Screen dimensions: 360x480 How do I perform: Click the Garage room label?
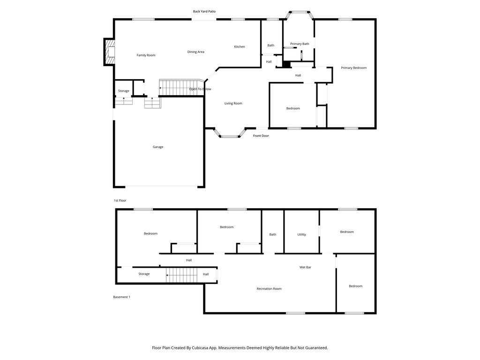(x=158, y=147)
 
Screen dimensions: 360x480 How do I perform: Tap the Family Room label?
(x=146, y=55)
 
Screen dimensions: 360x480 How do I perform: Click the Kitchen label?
(x=240, y=47)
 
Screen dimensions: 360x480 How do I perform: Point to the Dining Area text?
(x=195, y=52)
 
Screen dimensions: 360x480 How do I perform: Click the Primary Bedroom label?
(x=353, y=68)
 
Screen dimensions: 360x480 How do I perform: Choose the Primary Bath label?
(x=300, y=44)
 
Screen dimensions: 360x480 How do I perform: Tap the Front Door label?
(x=261, y=136)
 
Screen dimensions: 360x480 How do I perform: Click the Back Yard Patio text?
(x=204, y=11)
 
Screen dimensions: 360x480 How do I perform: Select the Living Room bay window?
(x=230, y=135)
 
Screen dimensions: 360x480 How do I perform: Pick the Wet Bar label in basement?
(x=306, y=268)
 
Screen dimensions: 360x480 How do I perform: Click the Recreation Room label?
(x=269, y=289)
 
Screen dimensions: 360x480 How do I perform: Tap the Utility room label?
(x=301, y=234)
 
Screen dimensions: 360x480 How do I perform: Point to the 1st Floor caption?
(x=120, y=201)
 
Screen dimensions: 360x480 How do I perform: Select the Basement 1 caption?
(x=121, y=297)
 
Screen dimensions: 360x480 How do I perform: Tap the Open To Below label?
(x=200, y=89)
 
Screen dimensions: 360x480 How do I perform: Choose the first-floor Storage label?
(x=124, y=91)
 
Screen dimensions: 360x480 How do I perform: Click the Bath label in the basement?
(x=273, y=234)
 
